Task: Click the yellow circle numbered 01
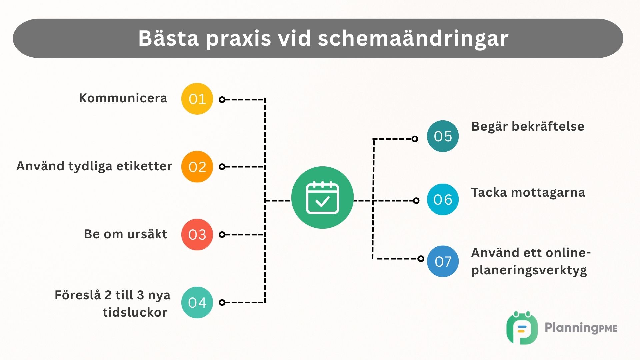pyautogui.click(x=197, y=99)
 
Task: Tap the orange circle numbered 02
pyautogui.click(x=197, y=167)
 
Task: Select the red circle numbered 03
pyautogui.click(x=197, y=235)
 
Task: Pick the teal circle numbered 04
pyautogui.click(x=197, y=303)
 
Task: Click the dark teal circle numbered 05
pyautogui.click(x=443, y=136)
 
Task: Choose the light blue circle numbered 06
pyautogui.click(x=443, y=199)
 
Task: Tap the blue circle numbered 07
pyautogui.click(x=443, y=262)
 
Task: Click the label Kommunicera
pyautogui.click(x=123, y=98)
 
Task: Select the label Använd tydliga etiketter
pyautogui.click(x=94, y=166)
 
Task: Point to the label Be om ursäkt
pyautogui.click(x=125, y=234)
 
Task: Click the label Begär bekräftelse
pyautogui.click(x=528, y=127)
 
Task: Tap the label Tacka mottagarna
pyautogui.click(x=528, y=193)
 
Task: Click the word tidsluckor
pyautogui.click(x=135, y=313)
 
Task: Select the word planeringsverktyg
pyautogui.click(x=529, y=270)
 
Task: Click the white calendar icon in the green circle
pyautogui.click(x=322, y=198)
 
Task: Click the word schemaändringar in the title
pyautogui.click(x=413, y=38)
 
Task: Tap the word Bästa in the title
pyautogui.click(x=169, y=38)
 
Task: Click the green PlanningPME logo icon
pyautogui.click(x=522, y=328)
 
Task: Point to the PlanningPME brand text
pyautogui.click(x=581, y=328)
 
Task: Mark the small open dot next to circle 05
pyautogui.click(x=415, y=139)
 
